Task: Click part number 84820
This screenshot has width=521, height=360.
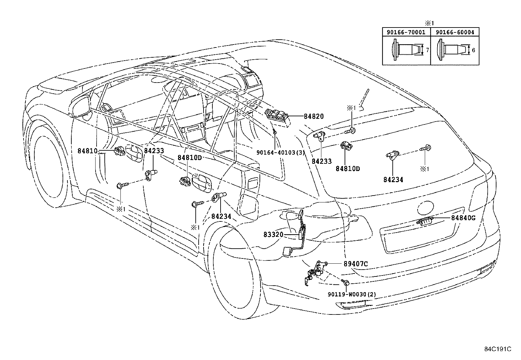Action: (314, 116)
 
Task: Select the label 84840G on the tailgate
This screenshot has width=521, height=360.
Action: (463, 218)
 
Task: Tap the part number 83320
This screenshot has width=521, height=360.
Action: (273, 235)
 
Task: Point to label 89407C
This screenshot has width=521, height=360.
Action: (356, 264)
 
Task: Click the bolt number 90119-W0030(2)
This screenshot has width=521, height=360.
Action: (352, 294)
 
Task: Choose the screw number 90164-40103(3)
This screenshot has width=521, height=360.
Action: (280, 153)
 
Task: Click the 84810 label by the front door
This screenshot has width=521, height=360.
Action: (87, 151)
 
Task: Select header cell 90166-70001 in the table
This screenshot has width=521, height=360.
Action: (406, 32)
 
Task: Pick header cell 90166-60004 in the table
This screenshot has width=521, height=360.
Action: (455, 32)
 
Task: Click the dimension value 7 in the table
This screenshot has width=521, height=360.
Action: (427, 50)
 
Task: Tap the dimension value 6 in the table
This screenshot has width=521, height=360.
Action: (473, 50)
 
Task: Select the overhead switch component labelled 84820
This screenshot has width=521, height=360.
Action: (278, 118)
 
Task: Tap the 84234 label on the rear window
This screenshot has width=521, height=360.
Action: (393, 180)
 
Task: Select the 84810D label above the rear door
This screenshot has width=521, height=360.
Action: (189, 158)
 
